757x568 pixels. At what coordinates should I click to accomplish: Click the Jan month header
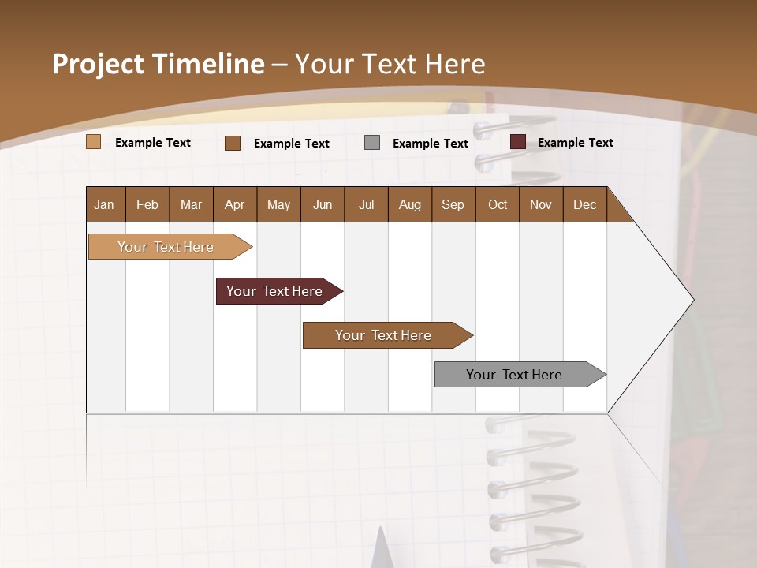(x=104, y=204)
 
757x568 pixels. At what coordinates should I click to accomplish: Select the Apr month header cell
(x=234, y=204)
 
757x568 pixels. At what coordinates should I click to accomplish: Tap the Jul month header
(x=366, y=204)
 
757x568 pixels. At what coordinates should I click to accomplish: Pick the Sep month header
(x=453, y=204)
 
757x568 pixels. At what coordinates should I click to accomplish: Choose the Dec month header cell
(x=584, y=204)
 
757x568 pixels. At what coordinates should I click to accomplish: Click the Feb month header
(x=147, y=204)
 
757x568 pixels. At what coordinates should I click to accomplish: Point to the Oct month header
(x=498, y=204)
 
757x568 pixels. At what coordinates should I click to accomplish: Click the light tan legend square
(x=94, y=142)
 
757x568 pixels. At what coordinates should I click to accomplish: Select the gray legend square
(x=372, y=142)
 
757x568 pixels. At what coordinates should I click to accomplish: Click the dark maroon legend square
(x=518, y=142)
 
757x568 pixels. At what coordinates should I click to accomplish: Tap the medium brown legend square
(x=233, y=143)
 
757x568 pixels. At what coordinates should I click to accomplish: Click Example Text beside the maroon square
(x=575, y=143)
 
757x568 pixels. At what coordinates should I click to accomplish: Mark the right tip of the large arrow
(x=692, y=300)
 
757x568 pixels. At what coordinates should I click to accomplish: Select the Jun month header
(x=323, y=204)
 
